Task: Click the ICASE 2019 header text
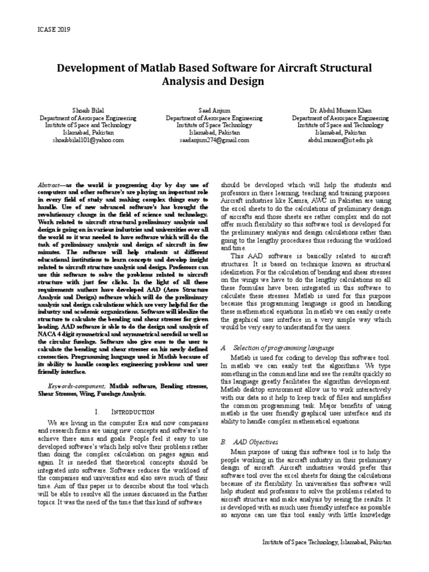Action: coord(55,30)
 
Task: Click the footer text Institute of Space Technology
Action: coord(327,542)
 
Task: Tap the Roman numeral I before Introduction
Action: coord(97,412)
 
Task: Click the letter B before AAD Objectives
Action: coord(223,441)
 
